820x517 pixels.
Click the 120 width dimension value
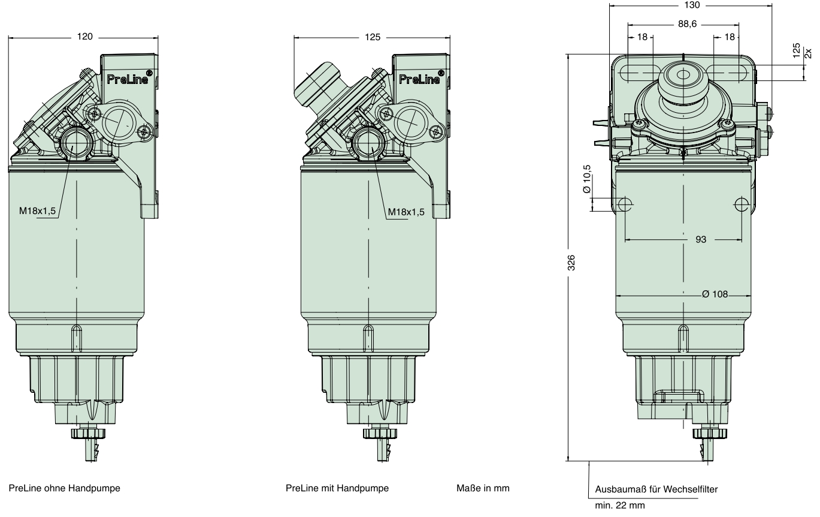[x=85, y=37]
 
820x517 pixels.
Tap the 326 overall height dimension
[x=571, y=261]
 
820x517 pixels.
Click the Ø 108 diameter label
[x=715, y=295]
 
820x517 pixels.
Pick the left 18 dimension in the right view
[x=642, y=37]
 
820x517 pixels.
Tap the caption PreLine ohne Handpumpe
[x=64, y=488]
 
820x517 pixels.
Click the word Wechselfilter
[x=695, y=489]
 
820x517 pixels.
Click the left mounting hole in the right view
[x=625, y=205]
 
